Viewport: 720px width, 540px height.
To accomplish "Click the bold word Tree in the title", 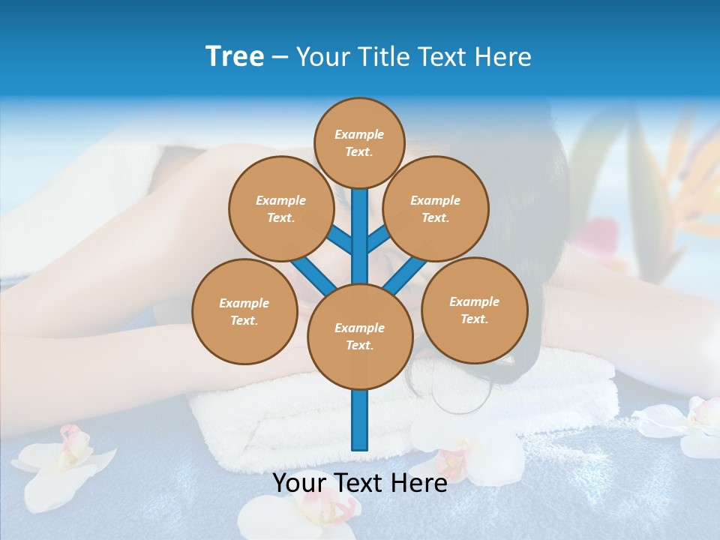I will pos(235,57).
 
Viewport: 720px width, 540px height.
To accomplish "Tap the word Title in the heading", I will pos(383,57).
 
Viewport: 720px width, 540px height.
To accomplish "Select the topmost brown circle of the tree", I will pos(359,142).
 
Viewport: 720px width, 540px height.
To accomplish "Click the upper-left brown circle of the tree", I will pos(281,209).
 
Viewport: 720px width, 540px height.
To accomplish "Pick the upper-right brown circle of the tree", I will pos(436,209).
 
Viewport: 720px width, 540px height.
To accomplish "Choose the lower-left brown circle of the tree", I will pos(244,311).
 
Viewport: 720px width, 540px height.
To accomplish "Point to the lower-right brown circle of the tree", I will pos(475,310).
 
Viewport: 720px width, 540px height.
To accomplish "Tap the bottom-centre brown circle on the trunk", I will pos(360,337).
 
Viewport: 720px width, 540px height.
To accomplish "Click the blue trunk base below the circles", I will pos(360,420).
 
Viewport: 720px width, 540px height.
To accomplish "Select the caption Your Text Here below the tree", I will pos(360,483).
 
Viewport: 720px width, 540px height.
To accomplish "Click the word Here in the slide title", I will pos(503,57).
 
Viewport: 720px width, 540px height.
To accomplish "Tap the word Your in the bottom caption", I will pos(300,483).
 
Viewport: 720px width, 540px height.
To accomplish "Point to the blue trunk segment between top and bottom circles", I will pos(360,225).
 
